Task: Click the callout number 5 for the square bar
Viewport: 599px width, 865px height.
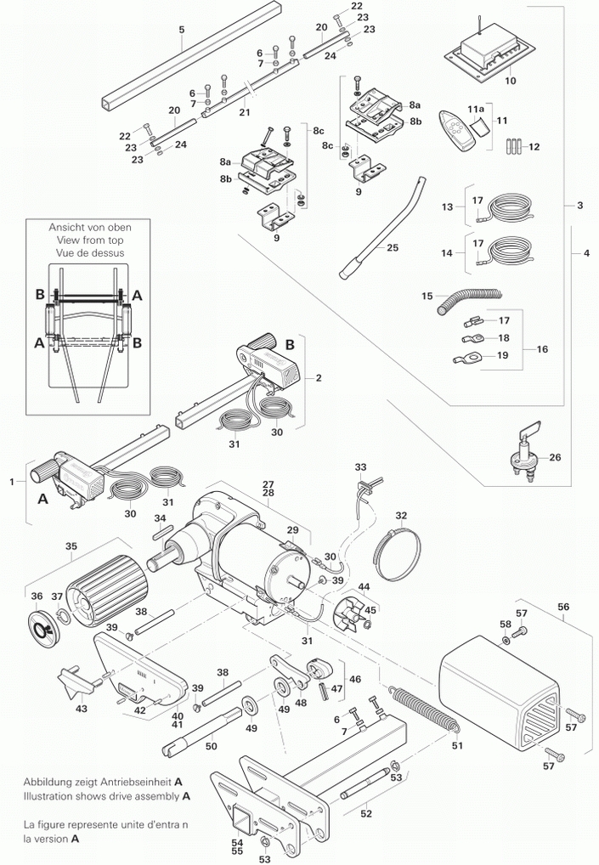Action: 181,30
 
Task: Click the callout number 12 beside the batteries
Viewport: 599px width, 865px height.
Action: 534,146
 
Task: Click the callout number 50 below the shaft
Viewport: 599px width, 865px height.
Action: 212,745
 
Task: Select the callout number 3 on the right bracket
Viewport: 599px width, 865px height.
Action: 579,206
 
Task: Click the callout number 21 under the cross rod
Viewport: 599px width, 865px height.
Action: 245,112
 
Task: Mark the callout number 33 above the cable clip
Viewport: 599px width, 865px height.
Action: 361,467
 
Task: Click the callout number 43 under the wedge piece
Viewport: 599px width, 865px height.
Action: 82,708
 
